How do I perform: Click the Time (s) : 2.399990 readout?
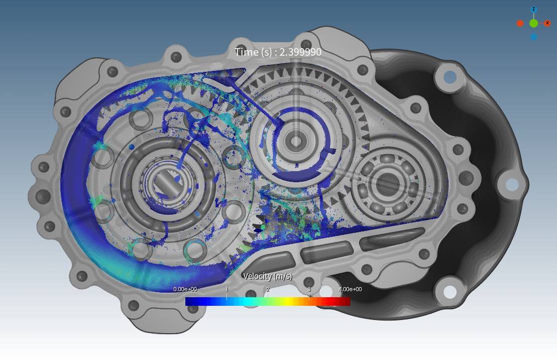tap(278, 52)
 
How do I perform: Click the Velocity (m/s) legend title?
tap(267, 276)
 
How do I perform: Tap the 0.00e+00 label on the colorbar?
tap(185, 289)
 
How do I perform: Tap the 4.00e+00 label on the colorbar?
tap(350, 289)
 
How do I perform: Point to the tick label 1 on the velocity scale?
tap(227, 289)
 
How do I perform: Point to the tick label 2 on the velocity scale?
tap(268, 289)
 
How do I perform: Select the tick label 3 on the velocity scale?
tap(309, 289)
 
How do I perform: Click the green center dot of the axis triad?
tap(533, 24)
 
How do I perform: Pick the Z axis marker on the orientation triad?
tap(533, 9)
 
